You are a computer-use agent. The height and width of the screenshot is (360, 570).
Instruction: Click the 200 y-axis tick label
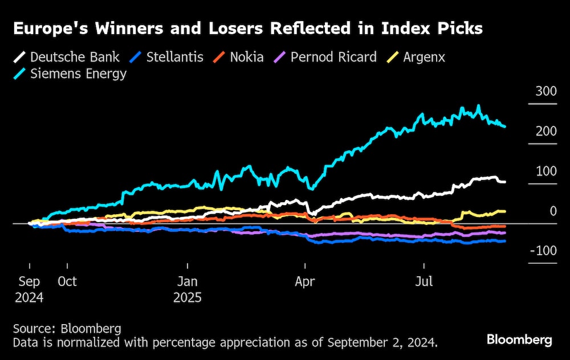(x=546, y=131)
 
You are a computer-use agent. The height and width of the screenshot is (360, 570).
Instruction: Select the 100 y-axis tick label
(x=546, y=171)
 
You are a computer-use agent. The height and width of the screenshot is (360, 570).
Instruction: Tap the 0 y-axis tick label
(x=553, y=211)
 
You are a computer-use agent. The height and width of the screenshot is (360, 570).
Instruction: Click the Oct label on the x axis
(x=67, y=281)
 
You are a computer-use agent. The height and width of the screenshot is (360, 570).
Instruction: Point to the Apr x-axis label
(x=306, y=281)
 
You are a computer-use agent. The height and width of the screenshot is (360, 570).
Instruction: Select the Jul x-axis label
(x=424, y=281)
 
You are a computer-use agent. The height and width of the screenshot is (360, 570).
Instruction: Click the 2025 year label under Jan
(x=188, y=297)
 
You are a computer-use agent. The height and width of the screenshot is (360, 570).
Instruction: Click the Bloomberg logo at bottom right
(x=519, y=340)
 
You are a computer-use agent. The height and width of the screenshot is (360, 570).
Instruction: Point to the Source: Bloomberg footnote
(x=67, y=329)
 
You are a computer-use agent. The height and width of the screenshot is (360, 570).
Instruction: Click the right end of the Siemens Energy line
(x=504, y=126)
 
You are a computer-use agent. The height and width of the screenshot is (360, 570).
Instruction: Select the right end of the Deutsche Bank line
(x=504, y=182)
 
